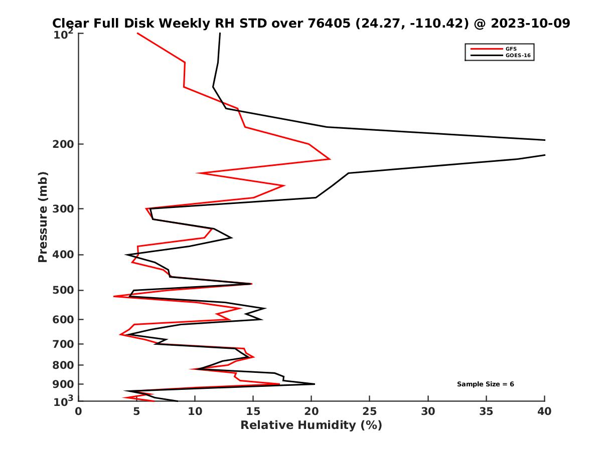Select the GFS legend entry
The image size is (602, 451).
pos(512,49)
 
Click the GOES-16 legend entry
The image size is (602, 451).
pos(518,55)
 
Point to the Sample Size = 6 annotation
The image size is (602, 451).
pos(485,384)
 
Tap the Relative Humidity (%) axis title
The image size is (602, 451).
pos(311,425)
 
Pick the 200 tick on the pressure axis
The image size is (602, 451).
pos(63,144)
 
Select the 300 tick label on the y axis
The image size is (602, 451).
pos(63,208)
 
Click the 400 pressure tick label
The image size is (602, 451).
pos(63,255)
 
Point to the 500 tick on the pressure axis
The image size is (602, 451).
pos(63,290)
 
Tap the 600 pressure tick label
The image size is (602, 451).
pos(63,319)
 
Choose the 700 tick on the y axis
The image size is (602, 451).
pos(63,344)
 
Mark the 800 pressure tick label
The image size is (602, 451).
pos(63,365)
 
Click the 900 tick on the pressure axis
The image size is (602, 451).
pos(63,384)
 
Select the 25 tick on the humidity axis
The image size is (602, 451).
pos(370,411)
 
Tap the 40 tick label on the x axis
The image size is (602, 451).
pos(544,411)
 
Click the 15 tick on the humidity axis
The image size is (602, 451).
pos(253,411)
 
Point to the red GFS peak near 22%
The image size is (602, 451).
pos(330,159)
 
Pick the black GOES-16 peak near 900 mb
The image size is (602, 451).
pos(314,384)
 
